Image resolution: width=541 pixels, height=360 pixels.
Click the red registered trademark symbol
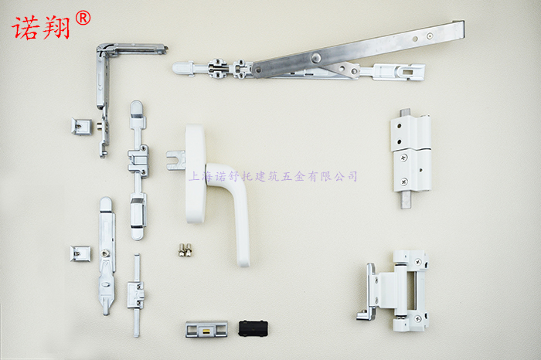(x=83, y=18)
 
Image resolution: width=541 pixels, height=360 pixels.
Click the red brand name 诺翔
(x=41, y=28)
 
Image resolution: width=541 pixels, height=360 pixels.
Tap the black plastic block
(x=253, y=328)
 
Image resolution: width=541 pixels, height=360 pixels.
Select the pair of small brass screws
(x=185, y=250)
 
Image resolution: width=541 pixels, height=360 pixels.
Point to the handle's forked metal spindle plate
(x=175, y=161)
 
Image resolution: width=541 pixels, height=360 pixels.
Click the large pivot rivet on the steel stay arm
(x=315, y=58)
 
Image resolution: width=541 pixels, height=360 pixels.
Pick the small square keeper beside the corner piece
(x=81, y=126)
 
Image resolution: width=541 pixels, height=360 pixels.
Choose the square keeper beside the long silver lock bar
(x=80, y=253)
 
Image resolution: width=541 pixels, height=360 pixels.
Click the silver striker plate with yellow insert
(x=206, y=329)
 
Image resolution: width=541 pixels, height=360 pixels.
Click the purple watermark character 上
(x=194, y=176)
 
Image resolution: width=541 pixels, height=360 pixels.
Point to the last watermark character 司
(x=352, y=176)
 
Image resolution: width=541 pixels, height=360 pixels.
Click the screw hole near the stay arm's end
(x=430, y=36)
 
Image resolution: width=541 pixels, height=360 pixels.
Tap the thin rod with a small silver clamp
(x=137, y=295)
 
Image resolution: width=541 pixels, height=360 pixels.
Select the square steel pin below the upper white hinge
(x=406, y=200)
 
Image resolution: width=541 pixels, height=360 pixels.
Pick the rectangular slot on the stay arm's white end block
(x=408, y=72)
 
